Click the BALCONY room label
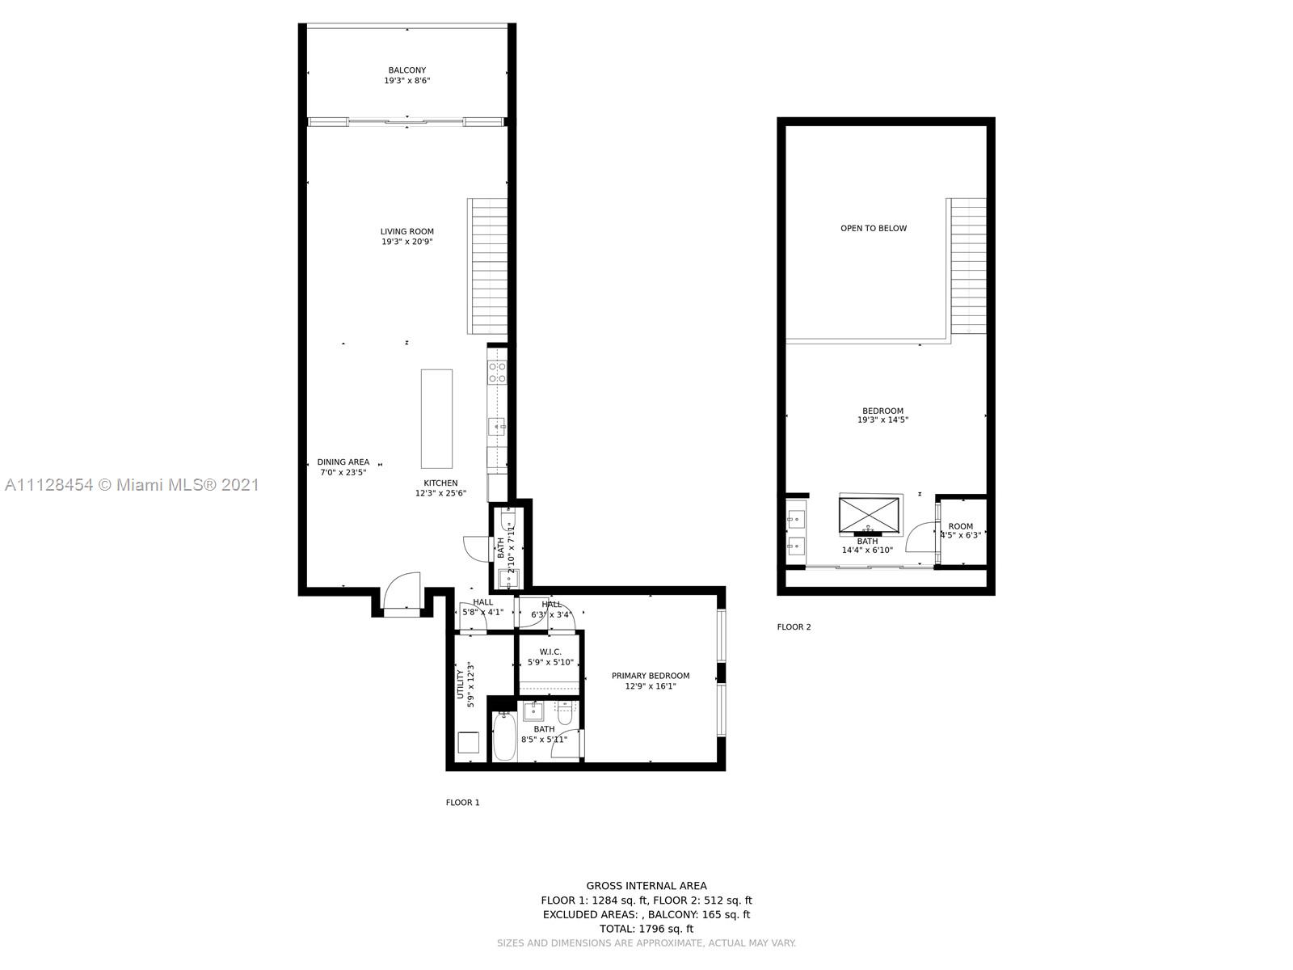pos(406,70)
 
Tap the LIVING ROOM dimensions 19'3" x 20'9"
pos(407,242)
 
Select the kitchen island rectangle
pos(436,418)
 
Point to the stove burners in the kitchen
pos(497,372)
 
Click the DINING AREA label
pos(343,462)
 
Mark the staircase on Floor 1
pos(487,266)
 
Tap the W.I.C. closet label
pos(550,652)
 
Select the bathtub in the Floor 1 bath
pos(505,736)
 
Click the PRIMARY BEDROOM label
pos(651,676)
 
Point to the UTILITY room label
pos(461,684)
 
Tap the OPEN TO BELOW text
pos(874,228)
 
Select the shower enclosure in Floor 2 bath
pos(869,515)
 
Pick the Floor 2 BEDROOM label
pos(882,411)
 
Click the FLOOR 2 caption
pos(794,626)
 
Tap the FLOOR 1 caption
pos(462,803)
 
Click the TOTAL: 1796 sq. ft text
pos(646,929)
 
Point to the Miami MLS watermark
pos(132,485)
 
